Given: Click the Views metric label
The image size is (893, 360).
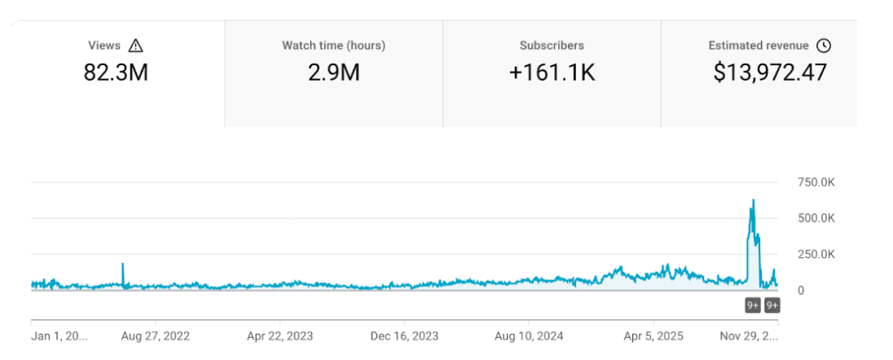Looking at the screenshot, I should [x=104, y=46].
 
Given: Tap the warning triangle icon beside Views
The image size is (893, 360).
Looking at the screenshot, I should [x=136, y=46].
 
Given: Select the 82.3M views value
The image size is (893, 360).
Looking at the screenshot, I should [x=116, y=72].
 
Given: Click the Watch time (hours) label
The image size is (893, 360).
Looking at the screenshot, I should [x=333, y=46].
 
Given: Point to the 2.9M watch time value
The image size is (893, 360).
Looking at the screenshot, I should [x=333, y=72].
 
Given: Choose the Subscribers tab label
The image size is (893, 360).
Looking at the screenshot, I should [x=552, y=46].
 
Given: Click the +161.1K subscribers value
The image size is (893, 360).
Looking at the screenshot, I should [x=552, y=72].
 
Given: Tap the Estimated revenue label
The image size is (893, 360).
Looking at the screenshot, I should [x=759, y=46].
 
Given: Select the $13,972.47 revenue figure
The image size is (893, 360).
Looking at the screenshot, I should [x=770, y=72].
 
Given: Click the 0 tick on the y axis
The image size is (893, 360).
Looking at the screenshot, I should [x=801, y=290].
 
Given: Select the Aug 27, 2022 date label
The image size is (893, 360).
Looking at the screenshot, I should [x=155, y=336].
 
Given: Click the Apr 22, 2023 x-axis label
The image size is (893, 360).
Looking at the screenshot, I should [x=280, y=336].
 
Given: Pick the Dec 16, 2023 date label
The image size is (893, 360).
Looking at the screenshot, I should [x=405, y=336].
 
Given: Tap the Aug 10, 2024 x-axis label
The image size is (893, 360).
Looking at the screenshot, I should [x=529, y=336].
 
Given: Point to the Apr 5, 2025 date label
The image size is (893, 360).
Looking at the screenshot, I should [x=652, y=336].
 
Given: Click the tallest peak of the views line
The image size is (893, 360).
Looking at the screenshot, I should [x=753, y=200].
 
